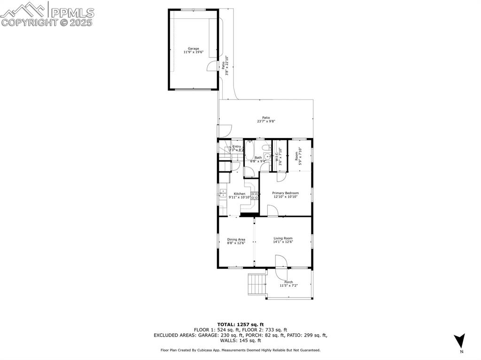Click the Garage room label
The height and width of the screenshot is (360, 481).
pyautogui.click(x=193, y=48)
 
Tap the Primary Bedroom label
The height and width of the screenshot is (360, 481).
pyautogui.click(x=285, y=193)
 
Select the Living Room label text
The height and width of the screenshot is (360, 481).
pyautogui.click(x=283, y=238)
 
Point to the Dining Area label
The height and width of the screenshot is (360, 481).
pyautogui.click(x=236, y=239)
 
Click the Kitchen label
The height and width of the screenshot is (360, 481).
pyautogui.click(x=240, y=194)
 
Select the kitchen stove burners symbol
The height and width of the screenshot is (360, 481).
pyautogui.click(x=254, y=196)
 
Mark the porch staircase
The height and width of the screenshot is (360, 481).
pyautogui.click(x=256, y=283)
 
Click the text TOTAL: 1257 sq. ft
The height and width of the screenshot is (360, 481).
pyautogui.click(x=240, y=324)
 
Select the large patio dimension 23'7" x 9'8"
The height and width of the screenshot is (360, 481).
pyautogui.click(x=266, y=121)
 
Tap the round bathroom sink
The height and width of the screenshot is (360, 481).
pyautogui.click(x=267, y=156)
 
